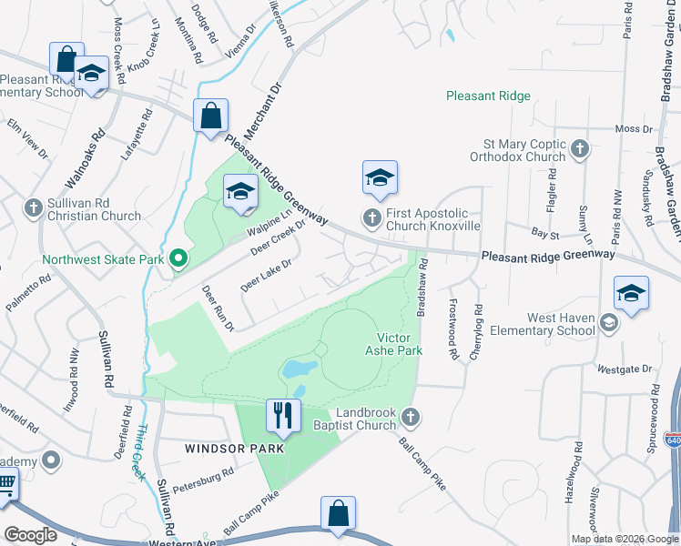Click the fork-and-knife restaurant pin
point(283,416)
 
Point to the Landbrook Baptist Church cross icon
point(411,417)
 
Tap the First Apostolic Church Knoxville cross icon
point(371,217)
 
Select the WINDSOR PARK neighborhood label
point(235,449)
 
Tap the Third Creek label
point(142,452)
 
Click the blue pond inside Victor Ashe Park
point(300,369)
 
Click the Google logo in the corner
point(31,535)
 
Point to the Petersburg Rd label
point(204,473)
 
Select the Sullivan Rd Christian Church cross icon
point(33,207)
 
